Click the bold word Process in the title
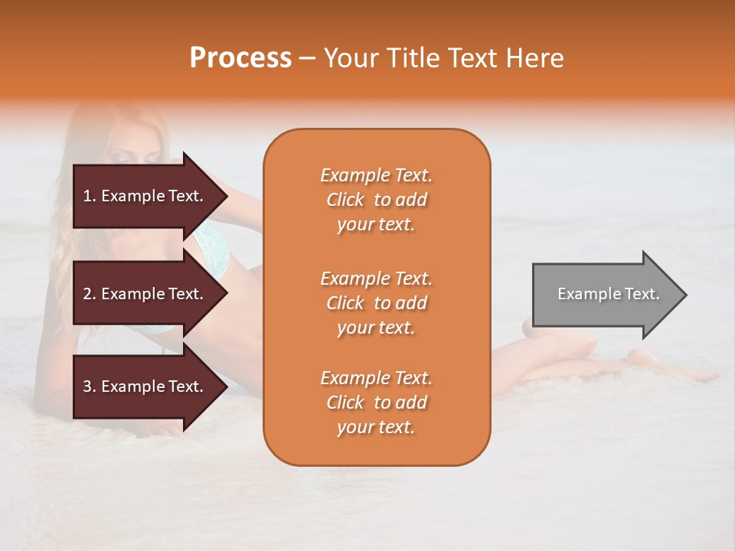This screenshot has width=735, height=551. click(240, 58)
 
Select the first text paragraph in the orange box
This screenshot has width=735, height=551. click(376, 200)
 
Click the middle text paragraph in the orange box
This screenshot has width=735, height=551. click(376, 303)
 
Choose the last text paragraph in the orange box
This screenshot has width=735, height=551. click(376, 403)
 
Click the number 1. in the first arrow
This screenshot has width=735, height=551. click(90, 196)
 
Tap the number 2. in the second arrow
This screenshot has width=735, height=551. click(90, 294)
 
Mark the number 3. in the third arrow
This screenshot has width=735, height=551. click(90, 386)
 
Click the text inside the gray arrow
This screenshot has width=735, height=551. click(609, 294)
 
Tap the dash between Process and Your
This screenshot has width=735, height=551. click(308, 59)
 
